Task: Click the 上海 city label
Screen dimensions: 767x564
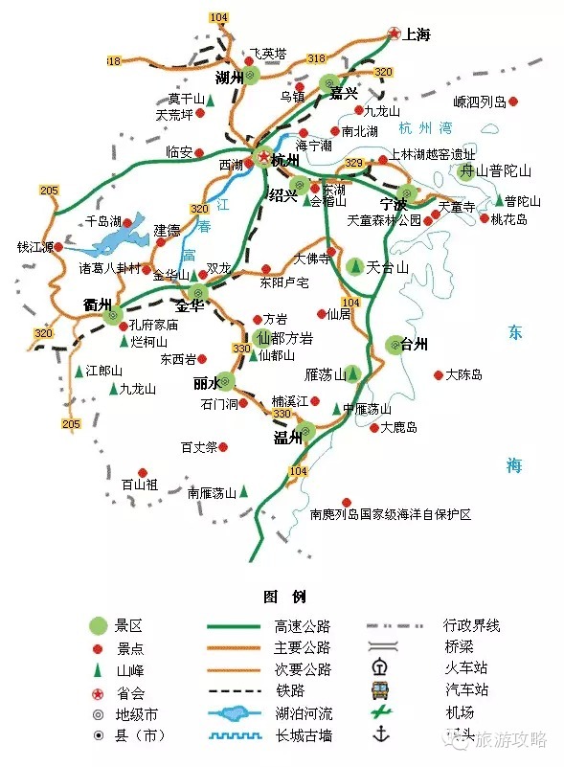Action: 417,35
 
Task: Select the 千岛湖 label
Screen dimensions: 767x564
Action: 103,221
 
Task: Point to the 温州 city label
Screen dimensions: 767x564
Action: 288,439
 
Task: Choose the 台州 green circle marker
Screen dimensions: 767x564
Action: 395,344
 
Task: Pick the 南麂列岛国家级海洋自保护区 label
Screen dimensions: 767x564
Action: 392,514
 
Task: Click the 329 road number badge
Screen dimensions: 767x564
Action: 354,163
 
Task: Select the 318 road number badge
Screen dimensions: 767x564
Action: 317,59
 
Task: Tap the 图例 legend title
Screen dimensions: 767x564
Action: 284,597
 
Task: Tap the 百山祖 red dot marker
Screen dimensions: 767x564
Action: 142,472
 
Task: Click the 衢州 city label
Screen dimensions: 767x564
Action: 98,305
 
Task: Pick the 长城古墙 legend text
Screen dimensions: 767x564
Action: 303,735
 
